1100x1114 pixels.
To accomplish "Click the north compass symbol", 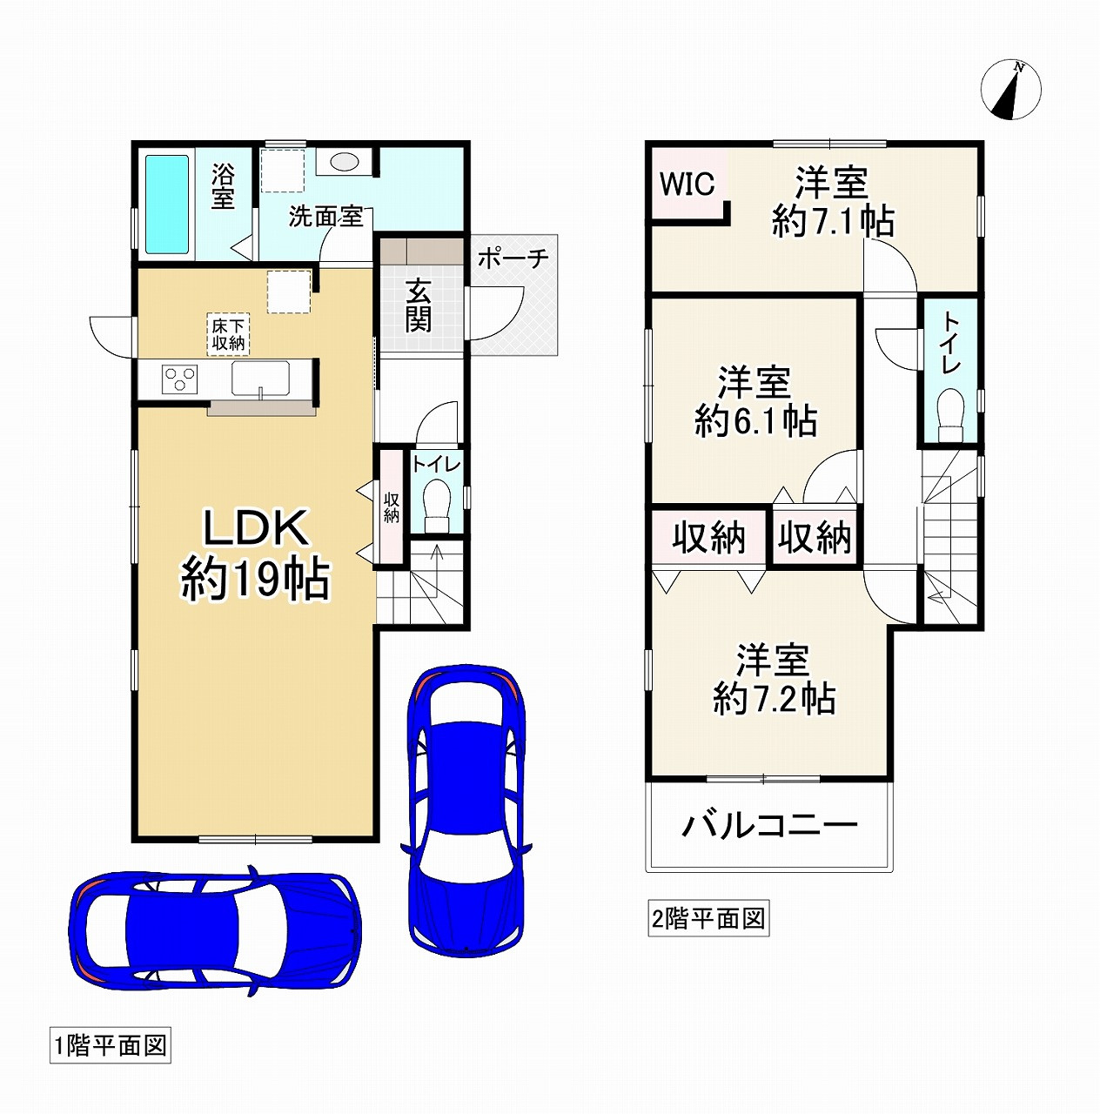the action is [x=1011, y=90].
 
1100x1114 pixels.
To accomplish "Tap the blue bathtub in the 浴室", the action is [x=167, y=204].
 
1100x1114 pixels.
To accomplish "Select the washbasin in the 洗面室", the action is [x=345, y=161].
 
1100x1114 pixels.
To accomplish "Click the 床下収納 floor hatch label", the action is [x=229, y=333].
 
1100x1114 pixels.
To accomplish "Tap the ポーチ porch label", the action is [x=513, y=258].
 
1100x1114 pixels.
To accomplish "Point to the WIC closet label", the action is [x=687, y=184].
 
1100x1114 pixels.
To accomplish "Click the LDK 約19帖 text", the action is [x=255, y=554].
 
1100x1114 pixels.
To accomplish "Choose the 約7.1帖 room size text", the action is [x=833, y=221].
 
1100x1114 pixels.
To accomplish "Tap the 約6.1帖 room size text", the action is [x=755, y=421].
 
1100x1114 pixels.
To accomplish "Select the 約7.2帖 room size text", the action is [x=774, y=698].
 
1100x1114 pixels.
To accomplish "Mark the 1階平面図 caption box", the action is [x=111, y=1046].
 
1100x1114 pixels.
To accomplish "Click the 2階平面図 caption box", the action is [x=708, y=919].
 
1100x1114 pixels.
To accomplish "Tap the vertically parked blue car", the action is [x=466, y=810].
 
